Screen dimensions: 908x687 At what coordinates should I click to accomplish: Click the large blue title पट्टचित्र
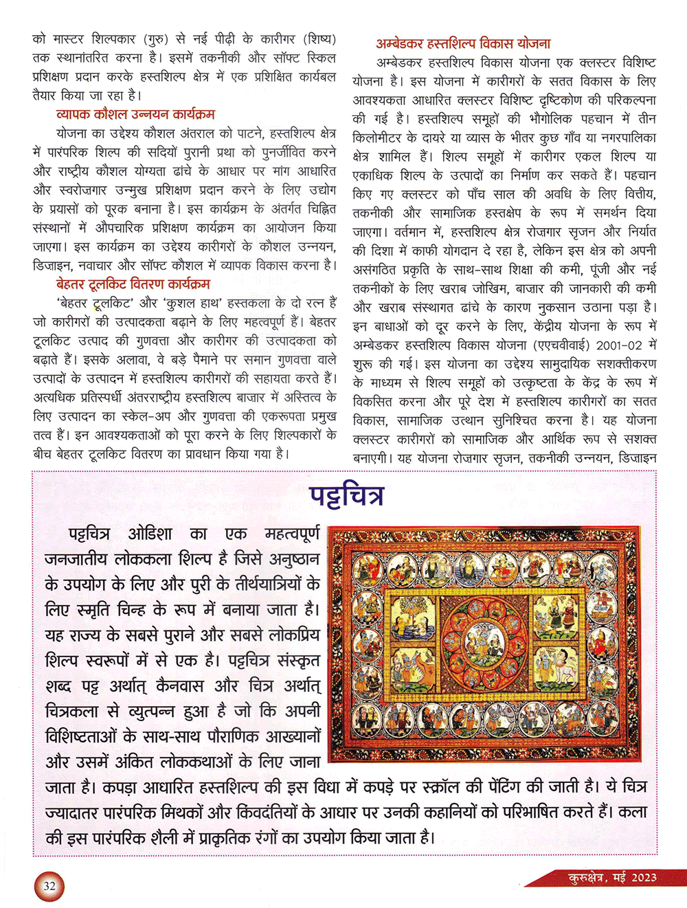pos(346,495)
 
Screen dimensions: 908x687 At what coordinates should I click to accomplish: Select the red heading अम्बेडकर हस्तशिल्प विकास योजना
pos(463,43)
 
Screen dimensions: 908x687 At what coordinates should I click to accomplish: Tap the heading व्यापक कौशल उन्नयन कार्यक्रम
pos(135,114)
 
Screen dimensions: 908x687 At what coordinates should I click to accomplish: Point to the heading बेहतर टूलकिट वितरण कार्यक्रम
pos(133,284)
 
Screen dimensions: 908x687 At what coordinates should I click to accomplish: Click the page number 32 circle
pos(49,886)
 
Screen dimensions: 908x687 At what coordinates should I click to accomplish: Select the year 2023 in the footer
pos(644,877)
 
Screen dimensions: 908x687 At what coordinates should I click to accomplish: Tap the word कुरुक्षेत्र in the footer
pos(588,877)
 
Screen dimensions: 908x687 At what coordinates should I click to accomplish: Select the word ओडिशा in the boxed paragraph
pos(150,534)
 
